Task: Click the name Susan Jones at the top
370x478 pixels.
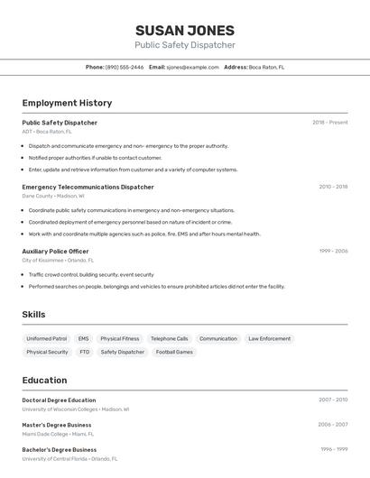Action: (185, 31)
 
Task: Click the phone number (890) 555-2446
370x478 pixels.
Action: (125, 67)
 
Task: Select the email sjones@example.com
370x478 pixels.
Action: (192, 67)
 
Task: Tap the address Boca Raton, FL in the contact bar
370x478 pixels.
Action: (266, 67)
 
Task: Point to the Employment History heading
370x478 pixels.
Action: (67, 103)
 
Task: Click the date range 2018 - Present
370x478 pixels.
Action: (329, 123)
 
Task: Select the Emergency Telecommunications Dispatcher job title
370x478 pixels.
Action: (88, 187)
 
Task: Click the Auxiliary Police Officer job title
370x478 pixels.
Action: (55, 252)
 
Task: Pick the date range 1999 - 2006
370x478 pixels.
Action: (333, 252)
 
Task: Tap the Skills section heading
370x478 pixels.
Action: (34, 314)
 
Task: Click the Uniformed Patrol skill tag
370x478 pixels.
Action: (46, 339)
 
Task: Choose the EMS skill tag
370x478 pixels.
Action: (84, 339)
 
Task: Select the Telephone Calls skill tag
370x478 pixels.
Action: (170, 339)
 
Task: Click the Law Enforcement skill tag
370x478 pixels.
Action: (270, 339)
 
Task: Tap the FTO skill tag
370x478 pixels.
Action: (84, 352)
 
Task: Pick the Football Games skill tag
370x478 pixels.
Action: (174, 352)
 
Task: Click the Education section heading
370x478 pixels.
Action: (44, 380)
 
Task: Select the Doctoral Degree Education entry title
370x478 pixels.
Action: (59, 400)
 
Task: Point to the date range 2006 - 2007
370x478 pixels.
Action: (332, 424)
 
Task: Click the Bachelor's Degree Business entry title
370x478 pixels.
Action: (59, 449)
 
